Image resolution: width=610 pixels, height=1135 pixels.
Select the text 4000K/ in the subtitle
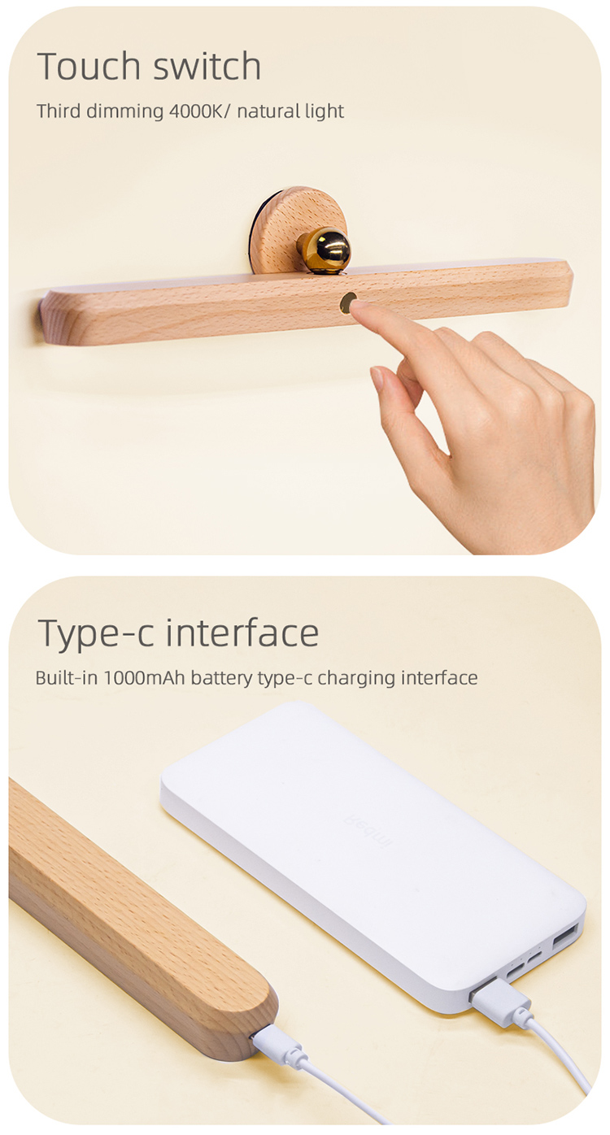click(x=200, y=111)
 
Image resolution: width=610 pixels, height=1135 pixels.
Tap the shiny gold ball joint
click(x=325, y=250)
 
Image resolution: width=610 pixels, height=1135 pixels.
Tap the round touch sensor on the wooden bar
click(x=347, y=302)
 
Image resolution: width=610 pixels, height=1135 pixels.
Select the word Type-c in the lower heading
click(x=95, y=634)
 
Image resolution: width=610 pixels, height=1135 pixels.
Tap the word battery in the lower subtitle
click(x=221, y=679)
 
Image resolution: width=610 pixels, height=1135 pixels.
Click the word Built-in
click(x=67, y=678)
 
